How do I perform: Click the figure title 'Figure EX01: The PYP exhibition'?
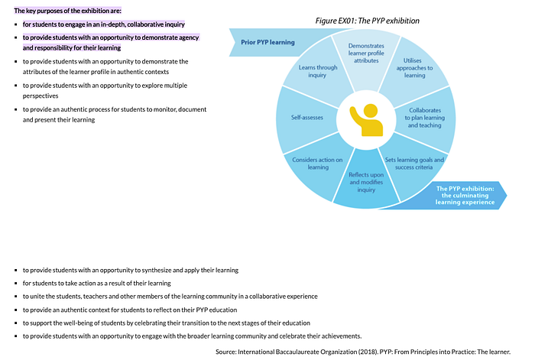click(367, 21)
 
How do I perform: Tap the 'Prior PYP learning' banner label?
click(267, 42)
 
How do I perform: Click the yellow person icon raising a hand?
click(366, 120)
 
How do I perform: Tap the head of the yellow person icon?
click(371, 111)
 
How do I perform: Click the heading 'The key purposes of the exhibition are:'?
click(67, 11)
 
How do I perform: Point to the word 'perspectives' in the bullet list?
click(41, 96)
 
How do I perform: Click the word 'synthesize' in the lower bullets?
click(156, 271)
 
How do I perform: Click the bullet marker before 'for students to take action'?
click(16, 284)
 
